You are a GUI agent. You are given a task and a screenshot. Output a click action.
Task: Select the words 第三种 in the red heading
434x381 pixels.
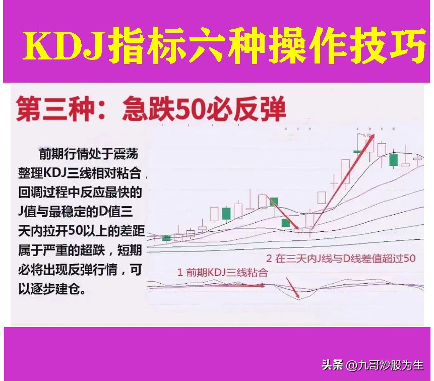(x=47, y=110)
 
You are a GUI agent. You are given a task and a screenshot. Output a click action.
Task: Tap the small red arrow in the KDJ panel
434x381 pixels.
(x=292, y=287)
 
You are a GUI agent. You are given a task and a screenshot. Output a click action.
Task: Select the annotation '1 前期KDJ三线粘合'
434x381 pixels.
(x=222, y=273)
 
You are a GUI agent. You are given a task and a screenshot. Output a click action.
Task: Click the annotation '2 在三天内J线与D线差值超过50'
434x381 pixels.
(x=341, y=259)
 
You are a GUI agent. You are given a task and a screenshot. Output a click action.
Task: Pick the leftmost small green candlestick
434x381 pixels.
(x=166, y=237)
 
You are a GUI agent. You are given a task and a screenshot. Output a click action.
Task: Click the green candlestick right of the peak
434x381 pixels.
(x=393, y=160)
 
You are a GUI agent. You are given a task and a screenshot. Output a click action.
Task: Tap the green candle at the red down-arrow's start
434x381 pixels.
(x=274, y=202)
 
